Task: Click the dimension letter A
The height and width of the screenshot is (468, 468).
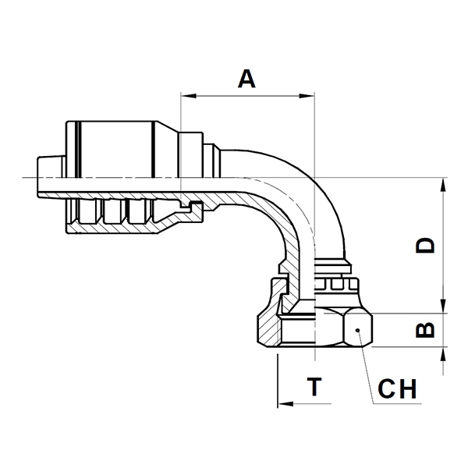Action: pos(246,79)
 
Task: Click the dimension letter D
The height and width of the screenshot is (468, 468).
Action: pos(425,246)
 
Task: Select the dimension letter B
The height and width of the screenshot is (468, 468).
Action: pos(425,330)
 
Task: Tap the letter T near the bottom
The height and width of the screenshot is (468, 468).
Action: pos(314,387)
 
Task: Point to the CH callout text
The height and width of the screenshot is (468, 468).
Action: pos(397,389)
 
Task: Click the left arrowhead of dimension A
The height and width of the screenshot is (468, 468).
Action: pos(189,96)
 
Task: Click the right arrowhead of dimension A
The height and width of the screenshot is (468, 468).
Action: pos(307,96)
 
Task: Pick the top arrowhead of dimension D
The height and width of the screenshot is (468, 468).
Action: pos(444,186)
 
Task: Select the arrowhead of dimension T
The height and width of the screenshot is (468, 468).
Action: pos(285,404)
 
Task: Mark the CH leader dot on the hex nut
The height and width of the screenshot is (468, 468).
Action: pos(357,330)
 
